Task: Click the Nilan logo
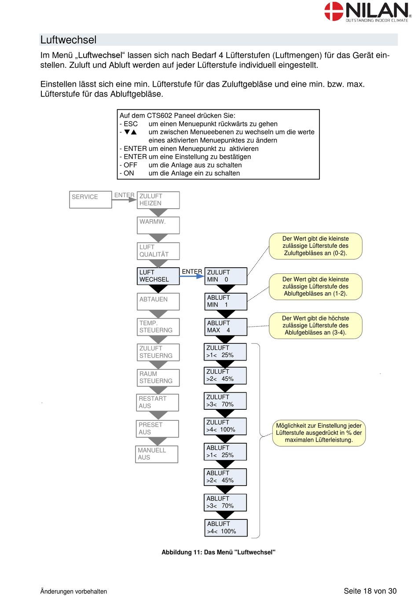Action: [367, 11]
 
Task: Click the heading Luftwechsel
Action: [68, 40]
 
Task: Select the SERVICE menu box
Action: [91, 199]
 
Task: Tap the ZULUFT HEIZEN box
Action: [158, 200]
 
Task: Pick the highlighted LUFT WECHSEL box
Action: [158, 276]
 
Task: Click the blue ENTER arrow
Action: [192, 276]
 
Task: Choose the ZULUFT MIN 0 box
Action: [226, 276]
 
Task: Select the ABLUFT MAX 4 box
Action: [226, 327]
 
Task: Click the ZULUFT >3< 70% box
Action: [225, 401]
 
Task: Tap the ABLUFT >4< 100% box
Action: [226, 528]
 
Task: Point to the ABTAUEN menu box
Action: [158, 302]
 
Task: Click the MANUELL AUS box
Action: [157, 454]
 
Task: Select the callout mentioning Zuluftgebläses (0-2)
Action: [315, 246]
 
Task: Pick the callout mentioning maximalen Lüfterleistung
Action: [319, 433]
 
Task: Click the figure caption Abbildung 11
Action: [218, 552]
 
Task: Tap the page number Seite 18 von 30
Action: [370, 591]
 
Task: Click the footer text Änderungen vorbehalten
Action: [73, 591]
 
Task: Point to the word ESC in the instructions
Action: [131, 124]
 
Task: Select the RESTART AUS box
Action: [158, 402]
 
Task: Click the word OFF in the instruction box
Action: [130, 165]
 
